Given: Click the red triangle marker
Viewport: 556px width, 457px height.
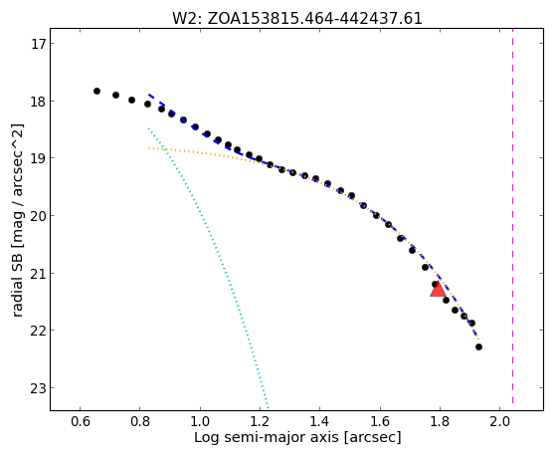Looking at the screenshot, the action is [x=438, y=289].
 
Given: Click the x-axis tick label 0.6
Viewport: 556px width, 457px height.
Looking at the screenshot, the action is [x=81, y=421].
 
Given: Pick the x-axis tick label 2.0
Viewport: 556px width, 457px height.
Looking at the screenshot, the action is [x=500, y=421].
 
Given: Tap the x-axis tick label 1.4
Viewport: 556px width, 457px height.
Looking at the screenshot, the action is [x=320, y=421].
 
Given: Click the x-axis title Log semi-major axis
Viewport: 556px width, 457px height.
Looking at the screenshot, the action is [x=267, y=437].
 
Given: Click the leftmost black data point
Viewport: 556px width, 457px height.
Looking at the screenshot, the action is [x=96, y=92].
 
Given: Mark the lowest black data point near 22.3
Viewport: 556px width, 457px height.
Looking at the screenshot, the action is [x=478, y=346].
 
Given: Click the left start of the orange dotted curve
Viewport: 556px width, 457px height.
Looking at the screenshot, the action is [x=149, y=148].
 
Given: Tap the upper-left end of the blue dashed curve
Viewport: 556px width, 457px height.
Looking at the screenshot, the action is [x=149, y=95].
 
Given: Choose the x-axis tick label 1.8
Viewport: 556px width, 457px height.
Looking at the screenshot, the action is [x=440, y=421].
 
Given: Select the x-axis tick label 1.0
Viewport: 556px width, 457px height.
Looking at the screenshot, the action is [x=200, y=421].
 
